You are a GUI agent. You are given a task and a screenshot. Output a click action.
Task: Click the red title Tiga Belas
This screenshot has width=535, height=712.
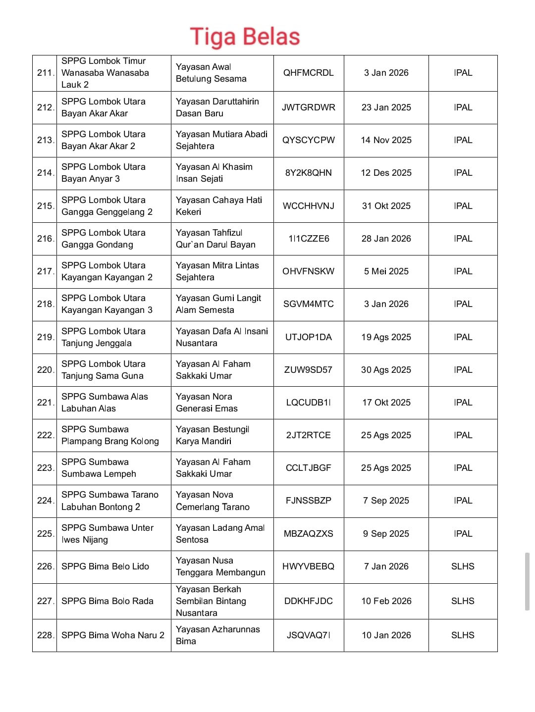click(x=245, y=37)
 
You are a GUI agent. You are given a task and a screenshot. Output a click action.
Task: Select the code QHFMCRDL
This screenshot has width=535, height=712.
click(x=308, y=73)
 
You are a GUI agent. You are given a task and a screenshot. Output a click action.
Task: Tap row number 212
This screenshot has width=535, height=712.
click(x=45, y=107)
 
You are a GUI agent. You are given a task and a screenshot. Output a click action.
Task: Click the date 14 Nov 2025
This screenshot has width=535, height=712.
click(x=386, y=140)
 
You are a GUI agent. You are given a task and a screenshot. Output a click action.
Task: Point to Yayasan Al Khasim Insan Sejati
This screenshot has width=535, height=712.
click(x=214, y=173)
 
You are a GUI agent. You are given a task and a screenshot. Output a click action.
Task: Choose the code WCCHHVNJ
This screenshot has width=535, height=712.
click(x=308, y=206)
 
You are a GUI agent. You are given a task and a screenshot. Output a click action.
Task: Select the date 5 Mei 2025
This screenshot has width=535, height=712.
click(x=386, y=271)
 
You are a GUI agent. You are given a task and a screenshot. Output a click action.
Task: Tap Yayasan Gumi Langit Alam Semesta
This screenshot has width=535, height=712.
click(x=218, y=304)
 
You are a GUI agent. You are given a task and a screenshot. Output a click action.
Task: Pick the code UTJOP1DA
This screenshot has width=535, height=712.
click(x=308, y=337)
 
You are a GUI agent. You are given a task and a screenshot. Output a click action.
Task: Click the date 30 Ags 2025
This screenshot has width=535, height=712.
click(x=386, y=370)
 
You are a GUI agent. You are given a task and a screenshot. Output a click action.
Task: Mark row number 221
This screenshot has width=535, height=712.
click(x=45, y=403)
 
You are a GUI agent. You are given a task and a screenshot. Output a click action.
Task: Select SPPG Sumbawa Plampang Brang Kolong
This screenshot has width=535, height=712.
click(x=110, y=435)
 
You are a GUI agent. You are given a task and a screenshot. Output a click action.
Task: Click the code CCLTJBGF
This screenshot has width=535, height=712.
click(x=308, y=468)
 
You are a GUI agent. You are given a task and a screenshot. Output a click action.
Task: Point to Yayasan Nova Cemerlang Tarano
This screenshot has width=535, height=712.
click(x=213, y=501)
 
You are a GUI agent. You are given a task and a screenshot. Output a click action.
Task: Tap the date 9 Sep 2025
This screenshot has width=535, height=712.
click(x=386, y=534)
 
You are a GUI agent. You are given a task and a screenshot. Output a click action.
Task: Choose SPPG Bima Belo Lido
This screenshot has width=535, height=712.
click(x=105, y=566)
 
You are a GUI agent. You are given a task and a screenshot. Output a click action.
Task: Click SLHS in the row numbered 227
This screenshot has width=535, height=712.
click(x=463, y=601)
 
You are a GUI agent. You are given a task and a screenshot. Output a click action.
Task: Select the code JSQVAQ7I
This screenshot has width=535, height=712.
click(x=308, y=635)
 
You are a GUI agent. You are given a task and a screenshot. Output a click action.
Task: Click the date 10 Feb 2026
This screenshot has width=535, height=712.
click(x=386, y=601)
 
